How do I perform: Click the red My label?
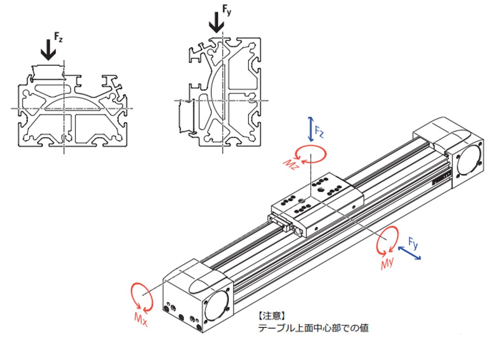(x=387, y=263)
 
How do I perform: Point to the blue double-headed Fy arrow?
(x=409, y=253)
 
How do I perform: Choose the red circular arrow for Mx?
(x=141, y=296)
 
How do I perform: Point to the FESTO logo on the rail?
(x=442, y=178)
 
